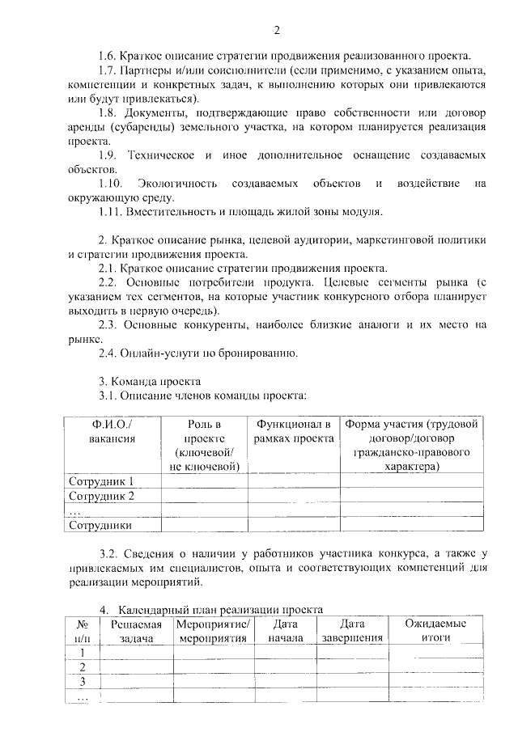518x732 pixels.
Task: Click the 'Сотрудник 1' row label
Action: click(x=101, y=482)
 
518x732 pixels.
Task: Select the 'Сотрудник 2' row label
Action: click(x=101, y=496)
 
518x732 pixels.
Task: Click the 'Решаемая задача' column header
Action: click(x=135, y=631)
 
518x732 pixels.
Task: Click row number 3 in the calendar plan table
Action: click(x=82, y=681)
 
